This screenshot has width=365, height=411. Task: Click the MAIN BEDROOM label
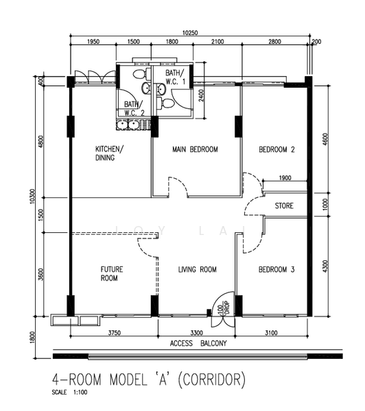tap(195, 149)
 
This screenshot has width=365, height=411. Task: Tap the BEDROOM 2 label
tap(276, 149)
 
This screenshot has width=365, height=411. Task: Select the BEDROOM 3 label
tap(276, 269)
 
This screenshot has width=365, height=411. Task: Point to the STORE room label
tap(284, 206)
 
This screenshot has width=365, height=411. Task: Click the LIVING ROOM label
tap(198, 269)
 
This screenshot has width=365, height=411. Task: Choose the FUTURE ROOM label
tap(112, 273)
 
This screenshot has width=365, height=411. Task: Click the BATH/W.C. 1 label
tap(175, 77)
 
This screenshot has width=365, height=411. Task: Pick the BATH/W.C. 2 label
tap(134, 108)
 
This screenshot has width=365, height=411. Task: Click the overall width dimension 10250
tap(190, 33)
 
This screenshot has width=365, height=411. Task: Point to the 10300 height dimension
tap(32, 197)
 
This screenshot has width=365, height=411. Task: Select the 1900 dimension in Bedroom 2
tap(285, 178)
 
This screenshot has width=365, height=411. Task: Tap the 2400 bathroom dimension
tap(201, 96)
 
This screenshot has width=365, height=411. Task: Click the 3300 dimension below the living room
tap(196, 333)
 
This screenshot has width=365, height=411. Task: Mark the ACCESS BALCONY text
tap(198, 343)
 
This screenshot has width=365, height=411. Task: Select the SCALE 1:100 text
tap(69, 393)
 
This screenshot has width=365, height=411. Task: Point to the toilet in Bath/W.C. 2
tap(139, 74)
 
